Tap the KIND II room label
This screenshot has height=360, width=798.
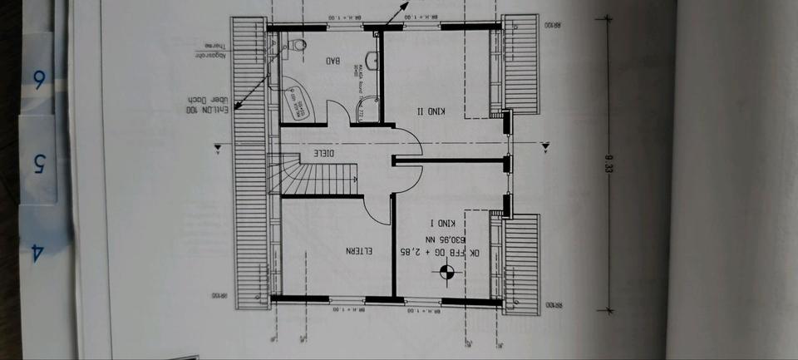coord(431,111)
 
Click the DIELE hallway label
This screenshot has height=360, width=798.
coord(324,153)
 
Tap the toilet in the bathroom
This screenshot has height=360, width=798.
coord(297,46)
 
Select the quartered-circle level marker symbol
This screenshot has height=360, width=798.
coord(447,270)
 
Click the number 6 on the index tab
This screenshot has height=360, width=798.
coord(38,81)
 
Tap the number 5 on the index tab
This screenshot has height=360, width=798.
coord(38,163)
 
